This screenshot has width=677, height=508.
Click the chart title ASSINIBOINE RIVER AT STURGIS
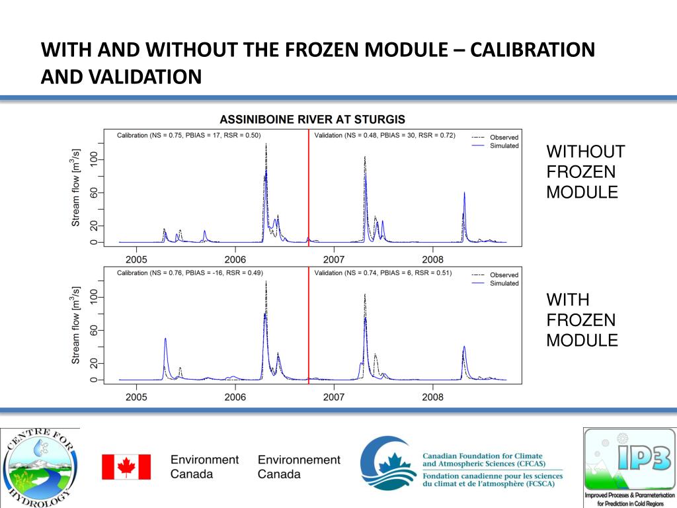(x=312, y=120)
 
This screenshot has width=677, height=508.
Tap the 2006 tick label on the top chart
(x=235, y=259)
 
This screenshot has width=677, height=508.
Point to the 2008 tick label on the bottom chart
(x=432, y=397)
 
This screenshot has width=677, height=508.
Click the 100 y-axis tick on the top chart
(x=94, y=159)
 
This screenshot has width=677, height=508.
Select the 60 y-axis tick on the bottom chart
(x=94, y=330)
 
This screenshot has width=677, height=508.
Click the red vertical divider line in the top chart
(x=309, y=192)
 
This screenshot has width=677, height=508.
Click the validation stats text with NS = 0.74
(x=383, y=273)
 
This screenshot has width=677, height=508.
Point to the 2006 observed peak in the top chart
(x=266, y=144)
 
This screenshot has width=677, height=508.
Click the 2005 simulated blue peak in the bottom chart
(x=165, y=339)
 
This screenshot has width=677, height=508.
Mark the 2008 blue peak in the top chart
(x=465, y=194)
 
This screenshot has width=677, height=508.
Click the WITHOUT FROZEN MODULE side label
(x=585, y=172)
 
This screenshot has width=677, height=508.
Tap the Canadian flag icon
(x=126, y=466)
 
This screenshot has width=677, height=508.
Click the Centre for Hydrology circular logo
(x=40, y=467)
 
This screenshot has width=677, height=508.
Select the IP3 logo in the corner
(x=629, y=467)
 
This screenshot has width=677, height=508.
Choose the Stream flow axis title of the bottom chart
(x=76, y=325)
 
